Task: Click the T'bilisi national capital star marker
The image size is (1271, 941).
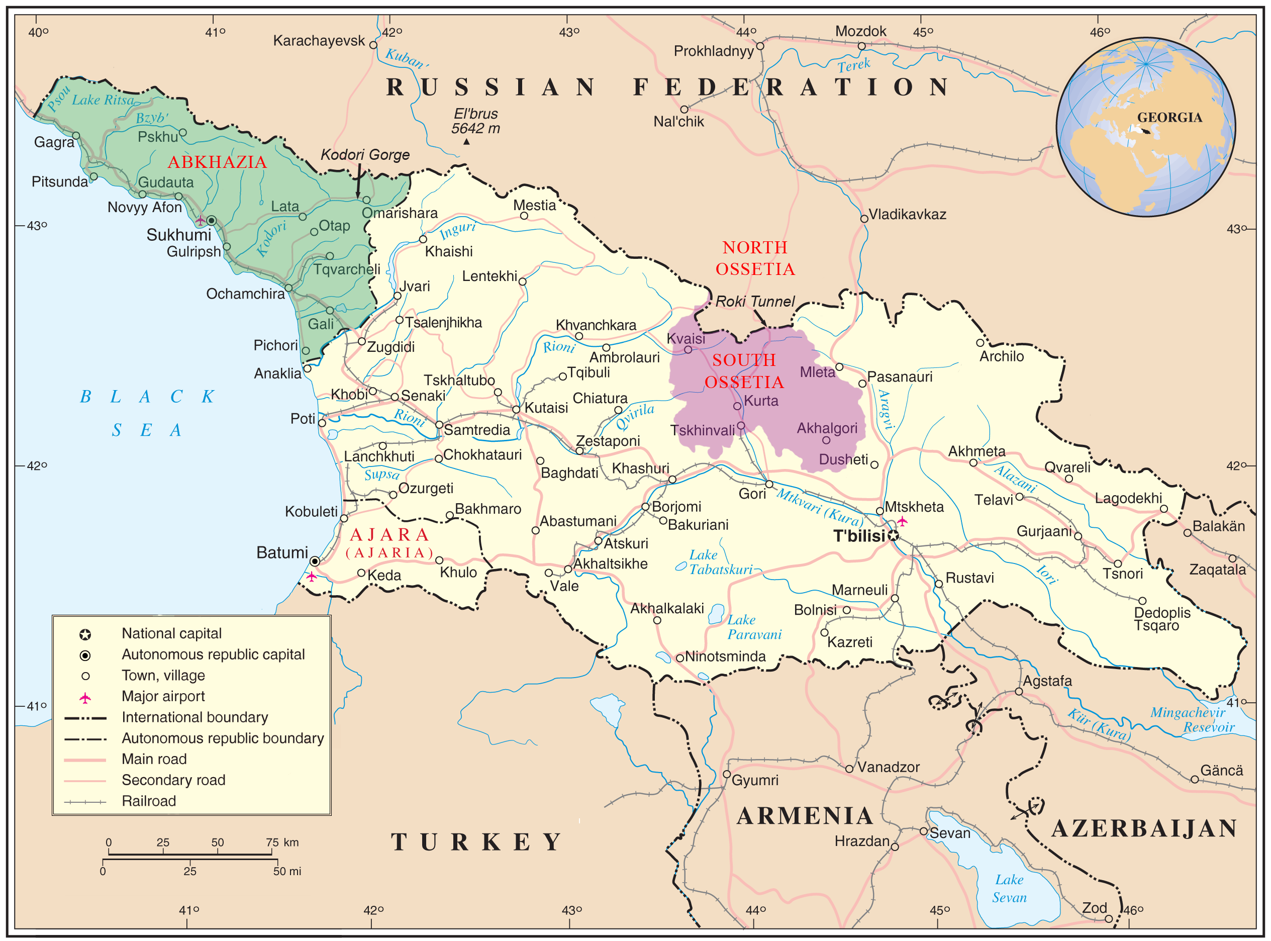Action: tap(894, 535)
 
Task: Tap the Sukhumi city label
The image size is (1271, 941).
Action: tap(179, 235)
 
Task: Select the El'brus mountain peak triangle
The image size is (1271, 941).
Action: tap(466, 142)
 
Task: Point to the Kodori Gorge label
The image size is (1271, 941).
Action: tap(365, 155)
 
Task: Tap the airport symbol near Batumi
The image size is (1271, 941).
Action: tap(312, 577)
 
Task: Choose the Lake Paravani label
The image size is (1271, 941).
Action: tap(754, 627)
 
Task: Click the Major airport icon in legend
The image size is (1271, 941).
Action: tap(85, 698)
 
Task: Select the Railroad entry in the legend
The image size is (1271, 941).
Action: tap(149, 801)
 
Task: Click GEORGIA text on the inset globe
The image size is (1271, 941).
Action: tap(1169, 118)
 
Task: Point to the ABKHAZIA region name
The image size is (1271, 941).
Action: tap(217, 162)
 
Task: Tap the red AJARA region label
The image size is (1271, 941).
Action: tap(389, 535)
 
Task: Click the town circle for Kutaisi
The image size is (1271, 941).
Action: tap(516, 410)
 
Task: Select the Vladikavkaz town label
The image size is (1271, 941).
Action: tap(907, 215)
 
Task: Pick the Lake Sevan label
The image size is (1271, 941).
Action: tap(1009, 889)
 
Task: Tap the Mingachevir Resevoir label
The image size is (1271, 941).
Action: tap(1193, 720)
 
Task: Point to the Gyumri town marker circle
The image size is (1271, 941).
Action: tap(727, 775)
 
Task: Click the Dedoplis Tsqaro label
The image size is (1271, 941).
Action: tap(1161, 619)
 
